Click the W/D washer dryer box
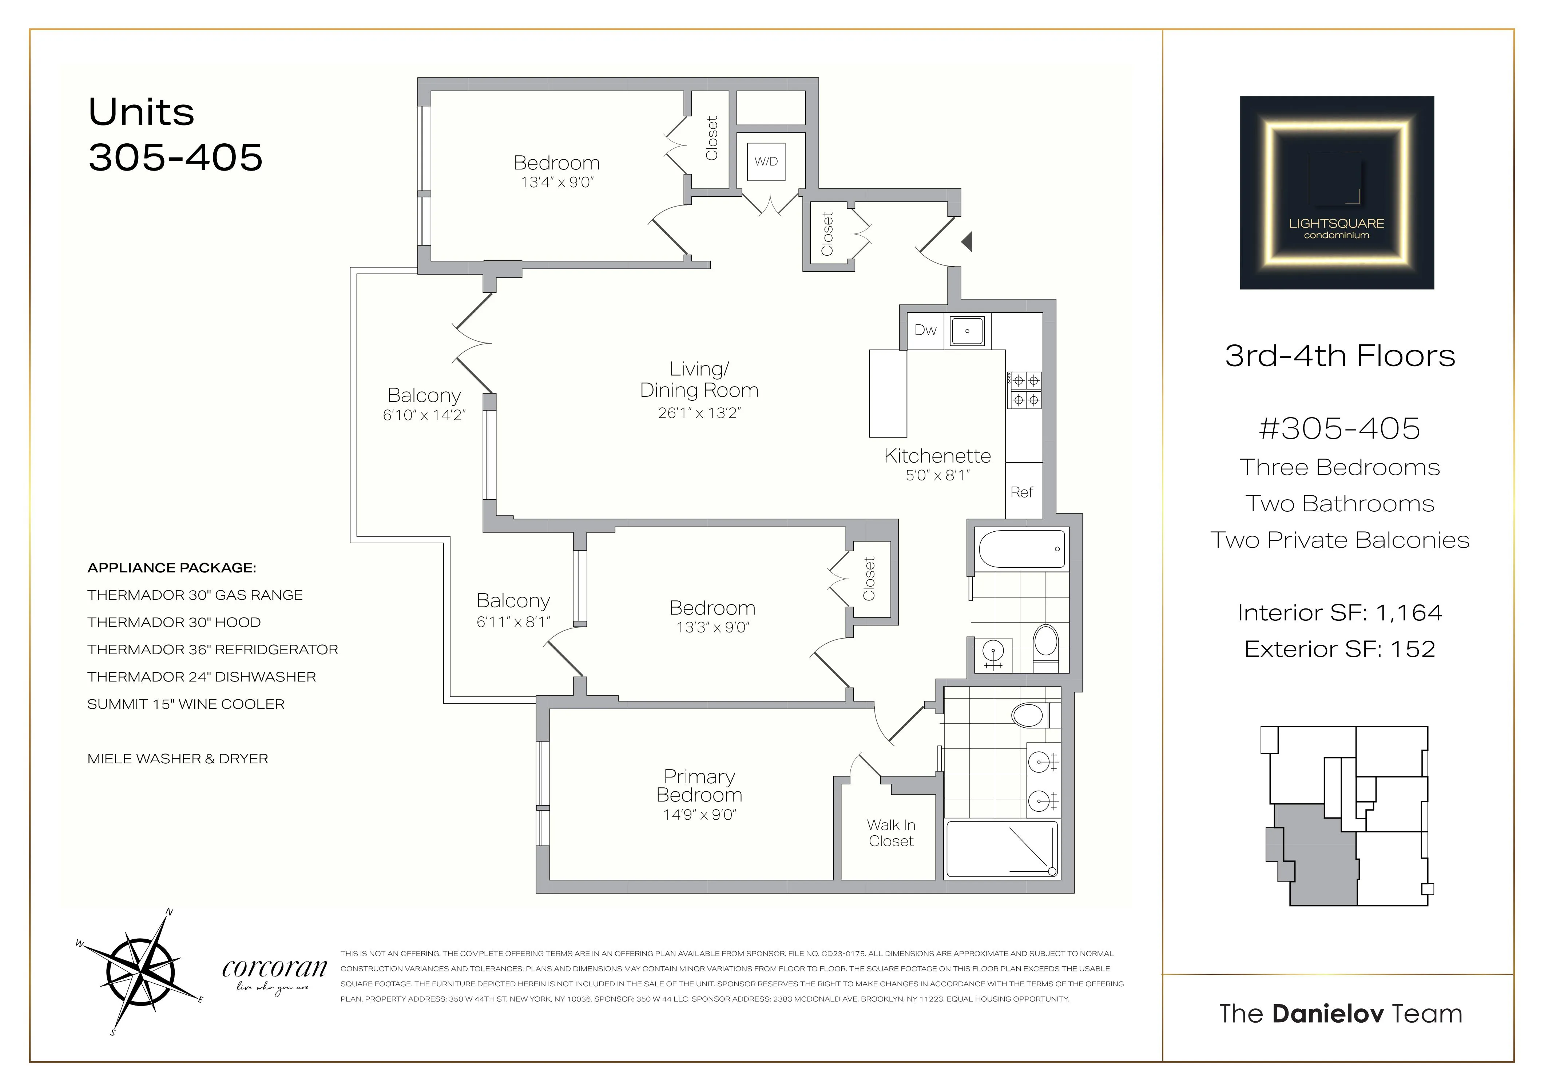766,161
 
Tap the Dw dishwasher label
925,330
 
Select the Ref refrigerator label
1021,492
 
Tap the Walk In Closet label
891,833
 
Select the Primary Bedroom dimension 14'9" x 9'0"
699,815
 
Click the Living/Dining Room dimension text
699,413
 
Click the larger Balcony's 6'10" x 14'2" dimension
424,415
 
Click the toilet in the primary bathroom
1029,715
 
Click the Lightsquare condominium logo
1337,193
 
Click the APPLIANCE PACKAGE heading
171,568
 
